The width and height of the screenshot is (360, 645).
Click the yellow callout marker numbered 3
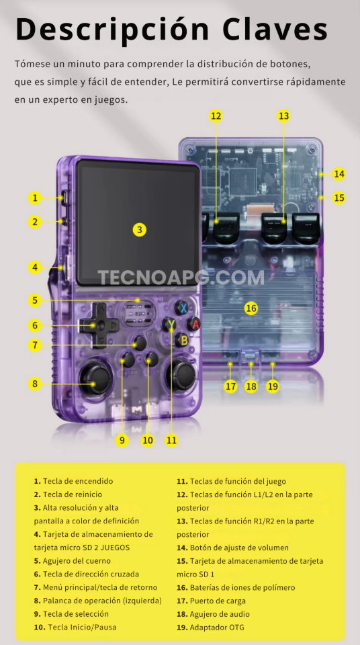coord(139,229)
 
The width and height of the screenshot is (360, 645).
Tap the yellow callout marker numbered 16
coord(251,308)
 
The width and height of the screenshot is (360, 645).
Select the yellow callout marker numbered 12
coord(216,116)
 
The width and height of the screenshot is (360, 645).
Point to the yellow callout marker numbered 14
coord(339,174)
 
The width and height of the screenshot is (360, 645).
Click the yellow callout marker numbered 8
coord(34,384)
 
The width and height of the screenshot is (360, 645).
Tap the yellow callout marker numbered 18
coord(251,386)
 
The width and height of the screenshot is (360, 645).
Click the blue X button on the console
coord(181,308)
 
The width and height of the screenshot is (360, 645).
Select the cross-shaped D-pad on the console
coord(98,325)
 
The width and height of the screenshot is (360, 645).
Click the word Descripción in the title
coord(111,30)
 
